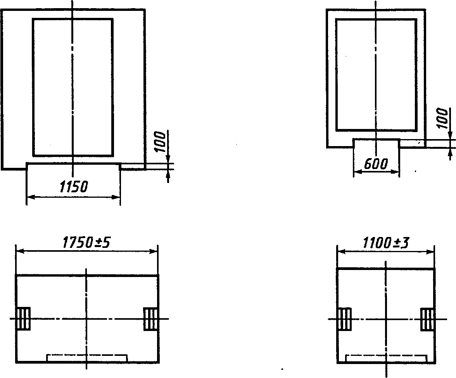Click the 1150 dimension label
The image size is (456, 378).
tap(73, 187)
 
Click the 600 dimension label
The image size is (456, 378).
tap(375, 164)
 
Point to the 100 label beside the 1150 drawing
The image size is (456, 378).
tap(160, 142)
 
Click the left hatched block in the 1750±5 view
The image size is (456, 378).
tap(24, 319)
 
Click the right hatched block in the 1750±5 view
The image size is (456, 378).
tap(151, 319)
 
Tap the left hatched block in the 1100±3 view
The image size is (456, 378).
tap(344, 319)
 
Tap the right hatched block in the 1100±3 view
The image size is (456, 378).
tap(427, 319)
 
